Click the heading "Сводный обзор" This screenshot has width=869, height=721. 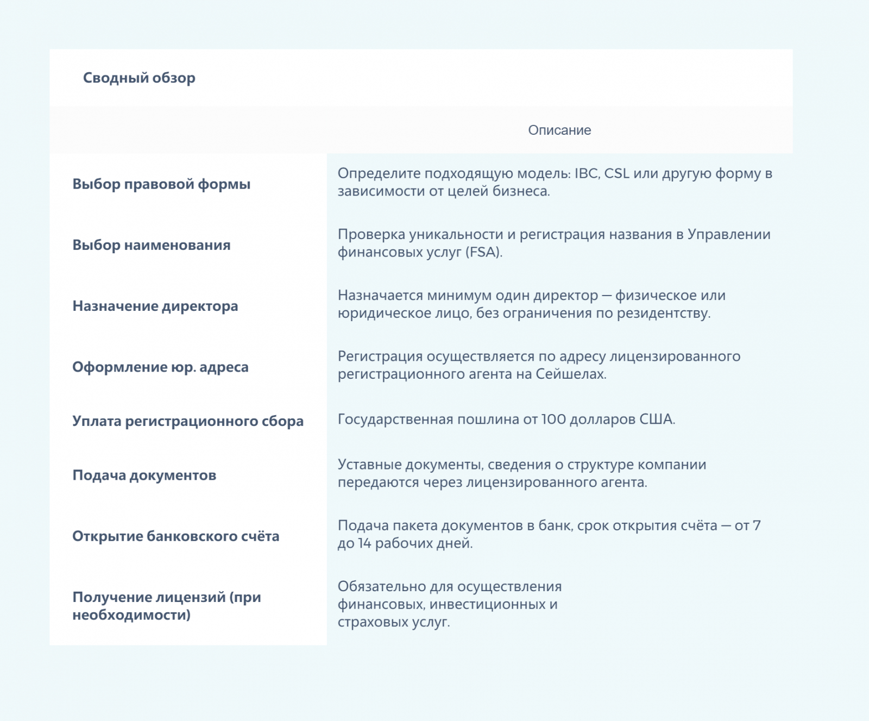(x=139, y=78)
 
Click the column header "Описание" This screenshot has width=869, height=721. (x=559, y=130)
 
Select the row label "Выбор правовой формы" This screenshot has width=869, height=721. (x=161, y=184)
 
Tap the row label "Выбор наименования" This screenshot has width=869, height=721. (x=152, y=245)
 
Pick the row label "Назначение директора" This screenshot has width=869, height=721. (x=155, y=306)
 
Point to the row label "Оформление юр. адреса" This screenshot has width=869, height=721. (x=160, y=367)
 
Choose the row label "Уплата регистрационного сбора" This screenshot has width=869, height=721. (x=188, y=421)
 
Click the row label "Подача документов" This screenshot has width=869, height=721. (x=144, y=475)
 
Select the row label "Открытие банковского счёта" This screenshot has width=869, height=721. (x=176, y=536)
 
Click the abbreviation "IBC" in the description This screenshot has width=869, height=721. (x=587, y=173)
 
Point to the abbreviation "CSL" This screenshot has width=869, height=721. (x=617, y=173)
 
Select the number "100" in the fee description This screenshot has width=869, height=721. (x=553, y=419)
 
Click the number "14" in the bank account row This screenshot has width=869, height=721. (x=364, y=543)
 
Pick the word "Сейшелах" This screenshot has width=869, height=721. (x=570, y=374)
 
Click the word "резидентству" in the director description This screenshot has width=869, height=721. (x=663, y=313)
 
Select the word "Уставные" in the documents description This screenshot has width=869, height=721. (x=370, y=465)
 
